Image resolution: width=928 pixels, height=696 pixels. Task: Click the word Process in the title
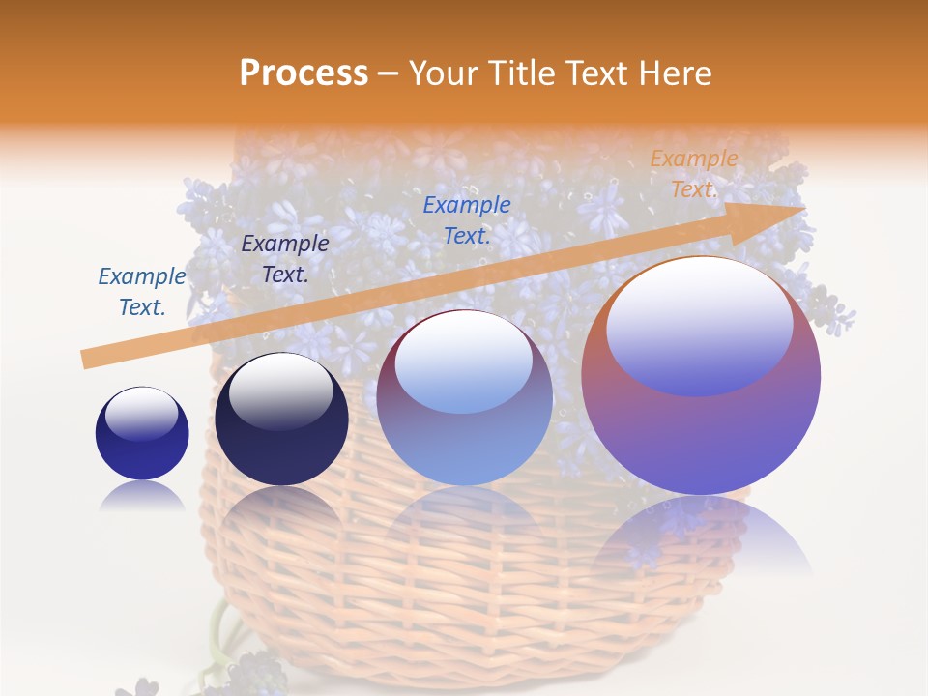304,72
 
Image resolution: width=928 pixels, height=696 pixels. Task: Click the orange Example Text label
693,174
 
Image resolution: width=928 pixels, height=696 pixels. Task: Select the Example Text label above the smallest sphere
142,292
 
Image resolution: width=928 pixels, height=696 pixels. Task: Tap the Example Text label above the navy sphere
285,259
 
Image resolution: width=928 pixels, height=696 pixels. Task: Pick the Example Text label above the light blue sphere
467,219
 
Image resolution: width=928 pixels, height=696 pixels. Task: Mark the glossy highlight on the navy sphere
280,391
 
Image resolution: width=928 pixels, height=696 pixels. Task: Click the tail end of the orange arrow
89,359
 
